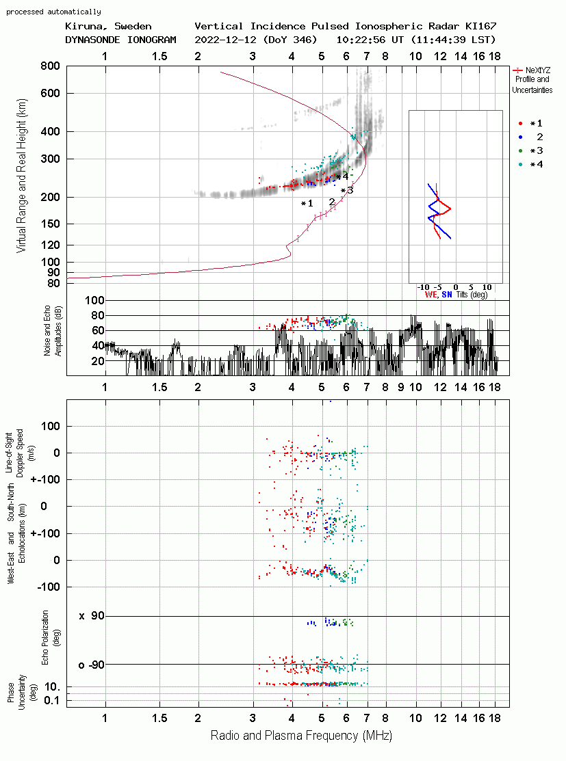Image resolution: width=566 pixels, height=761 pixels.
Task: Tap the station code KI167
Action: click(481, 26)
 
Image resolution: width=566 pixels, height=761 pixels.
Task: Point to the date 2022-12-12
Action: click(226, 40)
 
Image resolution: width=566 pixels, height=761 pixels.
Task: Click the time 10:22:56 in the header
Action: click(361, 40)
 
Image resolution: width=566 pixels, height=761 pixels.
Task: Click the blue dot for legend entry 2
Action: click(520, 137)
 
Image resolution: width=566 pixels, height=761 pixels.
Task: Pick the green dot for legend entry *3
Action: click(520, 151)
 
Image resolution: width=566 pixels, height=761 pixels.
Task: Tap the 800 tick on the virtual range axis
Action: click(50, 66)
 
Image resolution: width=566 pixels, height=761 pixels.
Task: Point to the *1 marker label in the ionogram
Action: click(307, 203)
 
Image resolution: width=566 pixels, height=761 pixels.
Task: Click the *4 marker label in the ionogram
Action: click(342, 176)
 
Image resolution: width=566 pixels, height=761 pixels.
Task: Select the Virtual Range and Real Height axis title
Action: click(21, 176)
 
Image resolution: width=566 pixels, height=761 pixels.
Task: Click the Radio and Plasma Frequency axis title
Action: click(301, 736)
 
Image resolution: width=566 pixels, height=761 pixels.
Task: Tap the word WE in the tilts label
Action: click(431, 295)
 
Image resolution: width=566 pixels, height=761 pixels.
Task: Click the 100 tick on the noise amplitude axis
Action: click(94, 300)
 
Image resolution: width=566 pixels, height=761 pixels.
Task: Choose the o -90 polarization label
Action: click(91, 665)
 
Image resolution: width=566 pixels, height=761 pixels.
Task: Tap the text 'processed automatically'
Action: click(53, 12)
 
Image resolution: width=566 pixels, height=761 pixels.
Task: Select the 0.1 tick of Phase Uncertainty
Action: click(51, 700)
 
